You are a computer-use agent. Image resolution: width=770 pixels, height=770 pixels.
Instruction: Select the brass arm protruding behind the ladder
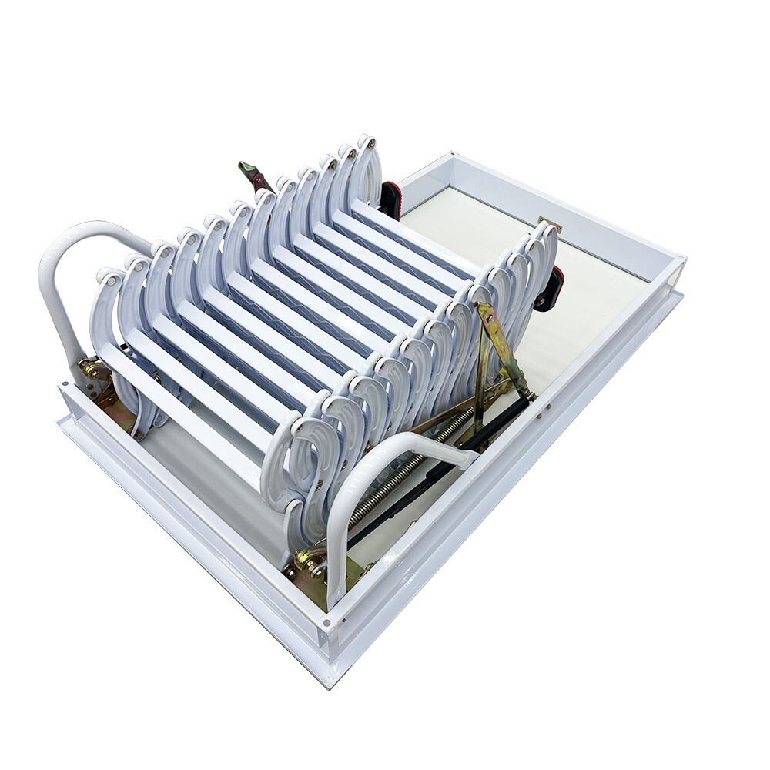253,176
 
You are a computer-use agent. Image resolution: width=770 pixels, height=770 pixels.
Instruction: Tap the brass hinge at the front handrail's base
312,566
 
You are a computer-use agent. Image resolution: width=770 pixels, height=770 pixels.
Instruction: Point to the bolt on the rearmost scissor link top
370,142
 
